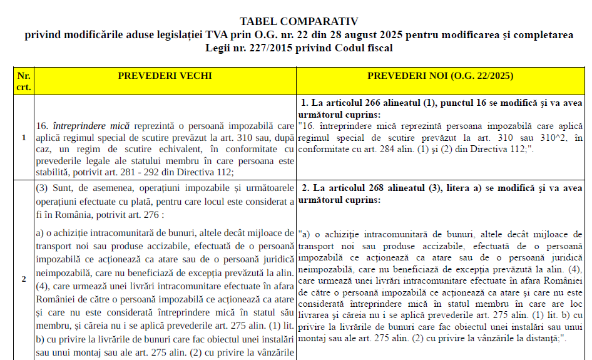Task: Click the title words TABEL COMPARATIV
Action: coord(299,21)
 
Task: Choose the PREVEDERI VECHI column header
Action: coord(165,76)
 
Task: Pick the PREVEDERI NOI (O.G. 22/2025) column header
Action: coord(441,76)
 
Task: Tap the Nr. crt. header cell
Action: coord(23,81)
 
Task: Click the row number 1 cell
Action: coord(23,138)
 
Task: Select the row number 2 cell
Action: coord(23,279)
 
